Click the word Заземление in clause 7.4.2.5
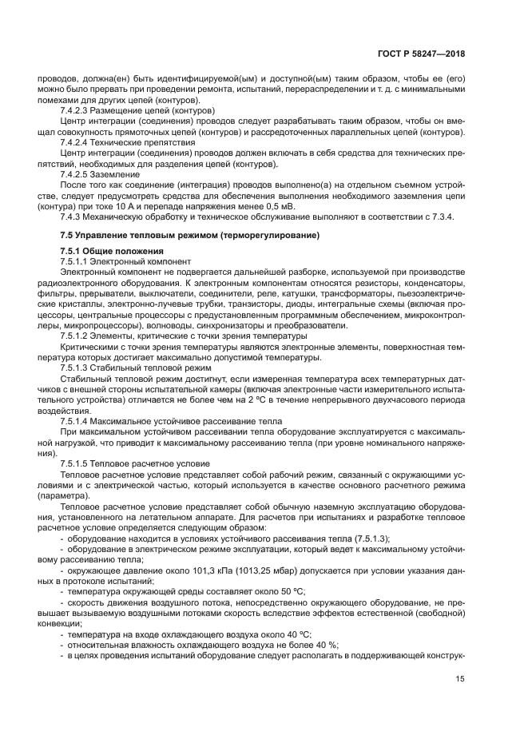117,173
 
